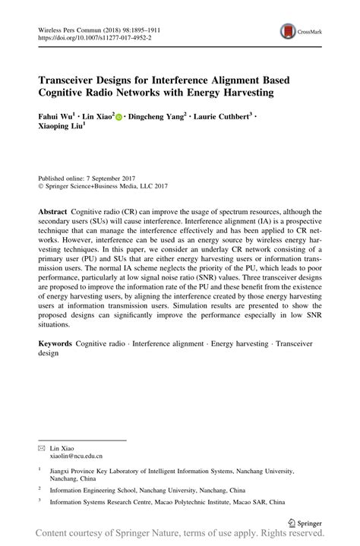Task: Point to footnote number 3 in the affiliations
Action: pos(39,501)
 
